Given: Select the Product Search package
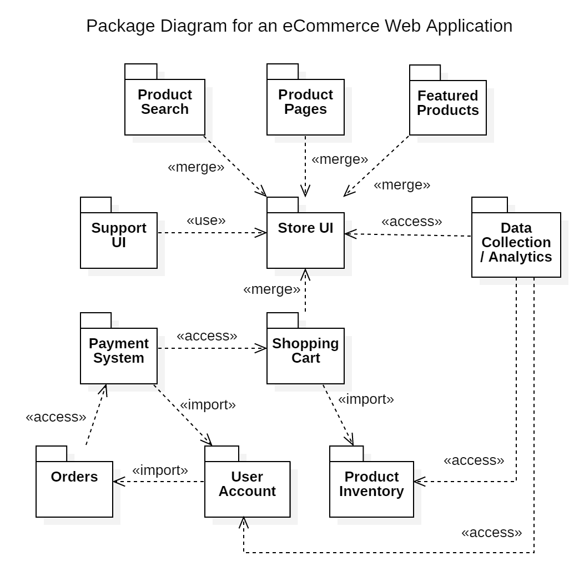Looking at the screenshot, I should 165,106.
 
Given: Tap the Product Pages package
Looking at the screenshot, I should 305,106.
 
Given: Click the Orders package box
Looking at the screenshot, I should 74,488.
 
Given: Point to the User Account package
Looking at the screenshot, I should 247,488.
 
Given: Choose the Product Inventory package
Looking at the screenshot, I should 371,488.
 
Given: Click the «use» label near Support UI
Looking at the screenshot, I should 206,220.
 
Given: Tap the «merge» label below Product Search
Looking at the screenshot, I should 196,167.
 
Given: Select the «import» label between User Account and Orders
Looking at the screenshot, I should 160,470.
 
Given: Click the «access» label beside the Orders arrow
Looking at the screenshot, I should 56,417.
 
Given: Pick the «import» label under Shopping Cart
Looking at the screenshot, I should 366,399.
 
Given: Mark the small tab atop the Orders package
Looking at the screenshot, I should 51,453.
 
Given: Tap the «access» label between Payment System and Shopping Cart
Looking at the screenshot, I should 207,336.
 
